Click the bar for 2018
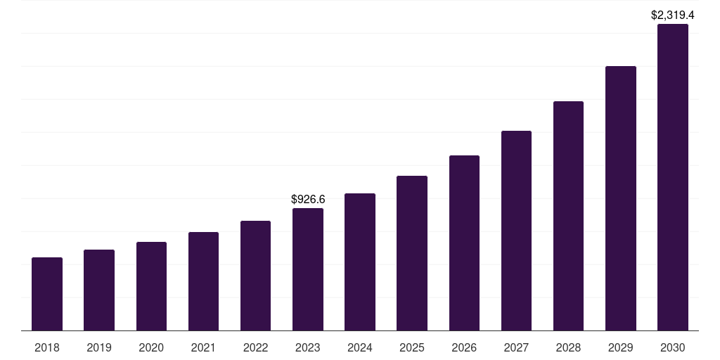pyautogui.click(x=47, y=294)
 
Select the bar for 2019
pyautogui.click(x=99, y=290)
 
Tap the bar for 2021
pyautogui.click(x=203, y=281)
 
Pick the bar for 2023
pyautogui.click(x=308, y=269)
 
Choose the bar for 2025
pyautogui.click(x=412, y=253)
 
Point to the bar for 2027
pyautogui.click(x=516, y=231)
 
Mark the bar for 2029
pyautogui.click(x=621, y=198)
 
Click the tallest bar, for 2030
pyautogui.click(x=673, y=177)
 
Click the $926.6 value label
pyautogui.click(x=308, y=200)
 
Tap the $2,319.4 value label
pyautogui.click(x=673, y=15)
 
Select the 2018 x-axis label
pyautogui.click(x=47, y=347)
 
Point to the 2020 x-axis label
pyautogui.click(x=151, y=347)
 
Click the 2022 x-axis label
pyautogui.click(x=255, y=347)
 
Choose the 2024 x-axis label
pyautogui.click(x=360, y=347)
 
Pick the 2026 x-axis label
pyautogui.click(x=464, y=347)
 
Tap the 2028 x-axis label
pyautogui.click(x=568, y=347)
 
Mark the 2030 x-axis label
pyautogui.click(x=673, y=347)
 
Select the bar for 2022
pyautogui.click(x=255, y=276)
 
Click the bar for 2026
pyautogui.click(x=464, y=243)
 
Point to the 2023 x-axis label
pyautogui.click(x=308, y=347)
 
